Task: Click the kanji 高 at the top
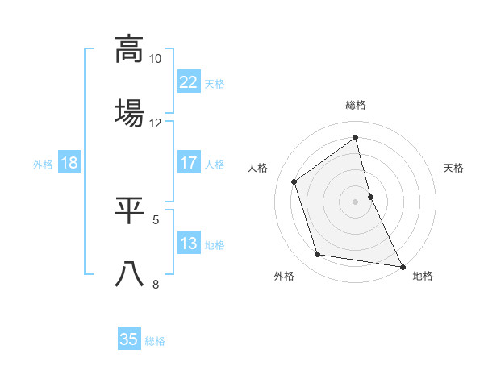[x=129, y=48]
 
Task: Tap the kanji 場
[x=129, y=113]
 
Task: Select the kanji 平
[x=129, y=210]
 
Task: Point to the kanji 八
[x=129, y=274]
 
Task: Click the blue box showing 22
[x=188, y=82]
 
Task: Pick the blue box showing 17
[x=188, y=163]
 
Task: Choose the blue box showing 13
[x=188, y=244]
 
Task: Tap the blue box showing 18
[x=69, y=163]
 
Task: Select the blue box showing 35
[x=129, y=339]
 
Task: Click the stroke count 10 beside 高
[x=156, y=59]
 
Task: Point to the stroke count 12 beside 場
[x=156, y=123]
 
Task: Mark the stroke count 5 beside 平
[x=156, y=219]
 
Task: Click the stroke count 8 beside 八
[x=156, y=283]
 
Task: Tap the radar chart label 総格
[x=356, y=105]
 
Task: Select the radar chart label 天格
[x=453, y=168]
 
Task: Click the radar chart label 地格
[x=423, y=276]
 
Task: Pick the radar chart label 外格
[x=284, y=276]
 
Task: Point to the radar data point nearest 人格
[x=294, y=181]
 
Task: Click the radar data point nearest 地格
[x=402, y=266]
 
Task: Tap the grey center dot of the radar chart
[x=356, y=202]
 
